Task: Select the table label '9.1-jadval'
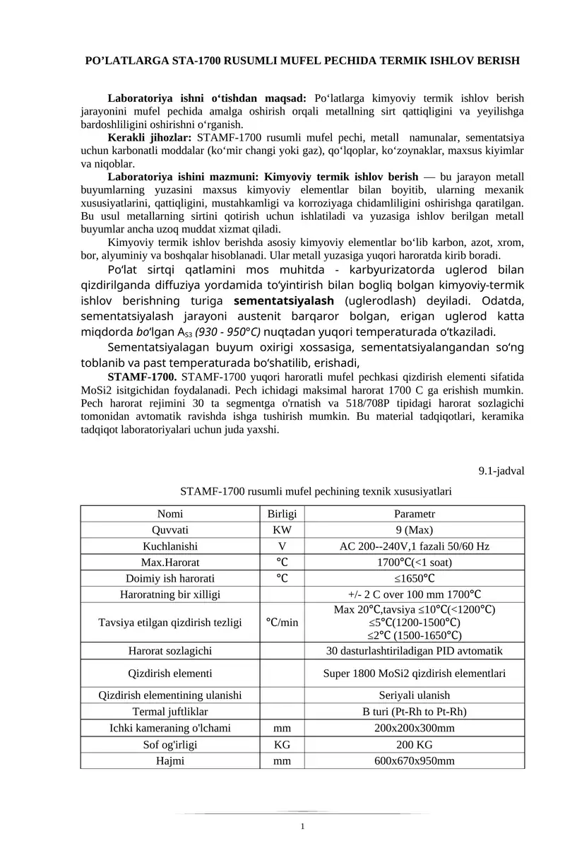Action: point(501,470)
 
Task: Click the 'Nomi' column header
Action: point(169,514)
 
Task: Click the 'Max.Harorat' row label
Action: point(169,563)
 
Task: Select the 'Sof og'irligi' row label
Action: point(169,744)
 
